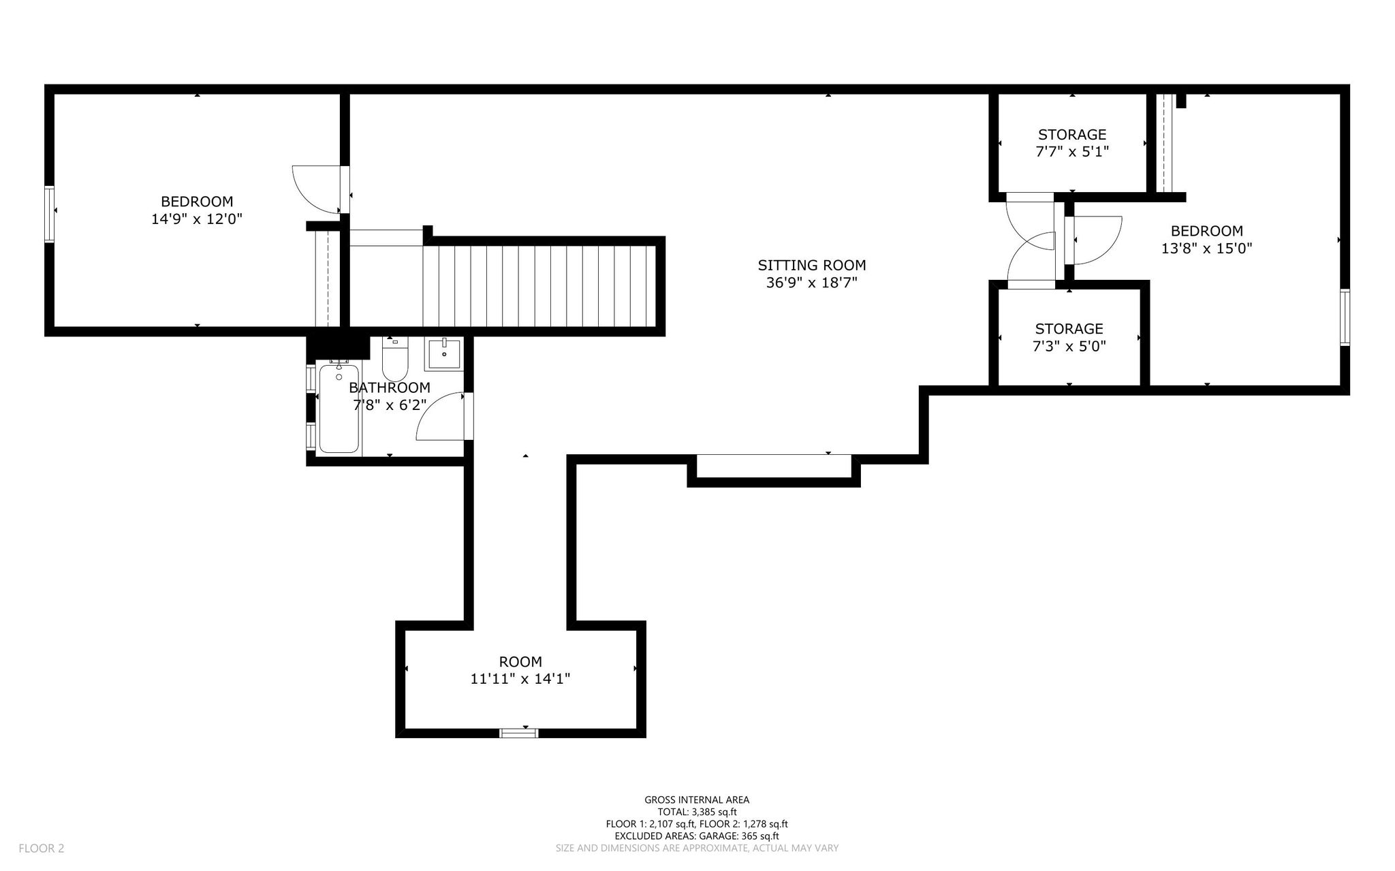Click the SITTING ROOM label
811,265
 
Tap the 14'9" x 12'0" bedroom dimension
197,219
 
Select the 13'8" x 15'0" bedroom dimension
1206,249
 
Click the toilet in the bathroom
394,359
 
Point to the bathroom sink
443,354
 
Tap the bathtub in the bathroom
339,408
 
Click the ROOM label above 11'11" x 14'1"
520,662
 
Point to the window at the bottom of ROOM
519,733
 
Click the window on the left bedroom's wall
50,214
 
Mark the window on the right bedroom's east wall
1345,317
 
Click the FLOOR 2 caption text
42,849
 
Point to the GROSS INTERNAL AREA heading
697,800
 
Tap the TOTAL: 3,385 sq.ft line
697,812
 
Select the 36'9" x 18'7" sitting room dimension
811,283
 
